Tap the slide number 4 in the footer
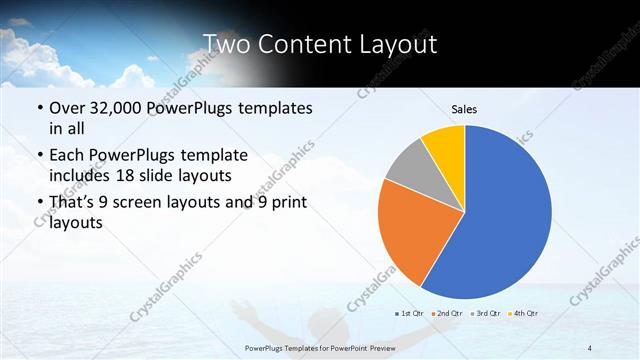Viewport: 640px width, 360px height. (589, 347)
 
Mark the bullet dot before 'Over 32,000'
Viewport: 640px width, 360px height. (38, 108)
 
